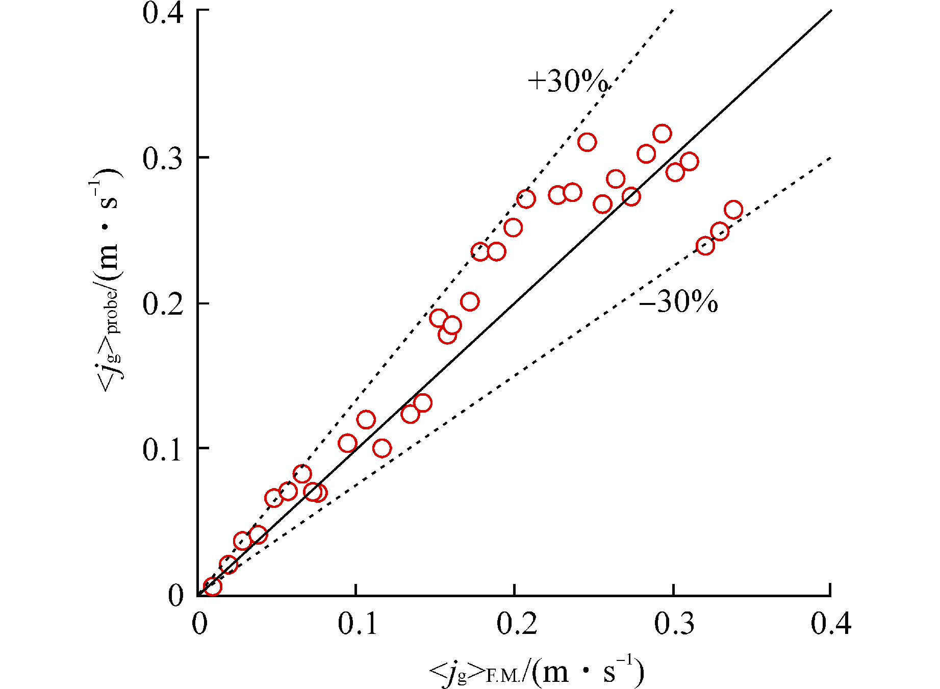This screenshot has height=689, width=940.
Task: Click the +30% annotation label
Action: point(568,81)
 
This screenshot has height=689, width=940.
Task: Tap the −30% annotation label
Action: point(678,302)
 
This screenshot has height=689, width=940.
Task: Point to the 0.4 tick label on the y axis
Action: point(163,12)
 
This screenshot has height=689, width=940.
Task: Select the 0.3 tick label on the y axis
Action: point(163,159)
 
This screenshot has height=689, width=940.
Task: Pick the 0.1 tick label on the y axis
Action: point(163,449)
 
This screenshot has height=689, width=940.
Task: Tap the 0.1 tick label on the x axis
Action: point(358,624)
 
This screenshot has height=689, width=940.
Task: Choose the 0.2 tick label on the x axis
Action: point(517,624)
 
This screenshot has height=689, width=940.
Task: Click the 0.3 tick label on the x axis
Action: point(674,624)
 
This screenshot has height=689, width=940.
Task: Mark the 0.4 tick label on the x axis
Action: point(831,624)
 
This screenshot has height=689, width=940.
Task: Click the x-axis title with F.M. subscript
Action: point(537,672)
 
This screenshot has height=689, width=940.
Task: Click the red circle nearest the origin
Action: point(212,586)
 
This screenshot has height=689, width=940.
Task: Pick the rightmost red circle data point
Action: point(733,210)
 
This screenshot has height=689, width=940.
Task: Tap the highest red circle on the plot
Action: point(662,134)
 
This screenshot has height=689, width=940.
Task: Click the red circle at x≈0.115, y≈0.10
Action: point(382,448)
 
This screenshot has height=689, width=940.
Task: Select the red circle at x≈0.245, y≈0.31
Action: point(587,142)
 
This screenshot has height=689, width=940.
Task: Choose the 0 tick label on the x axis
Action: point(199,624)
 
